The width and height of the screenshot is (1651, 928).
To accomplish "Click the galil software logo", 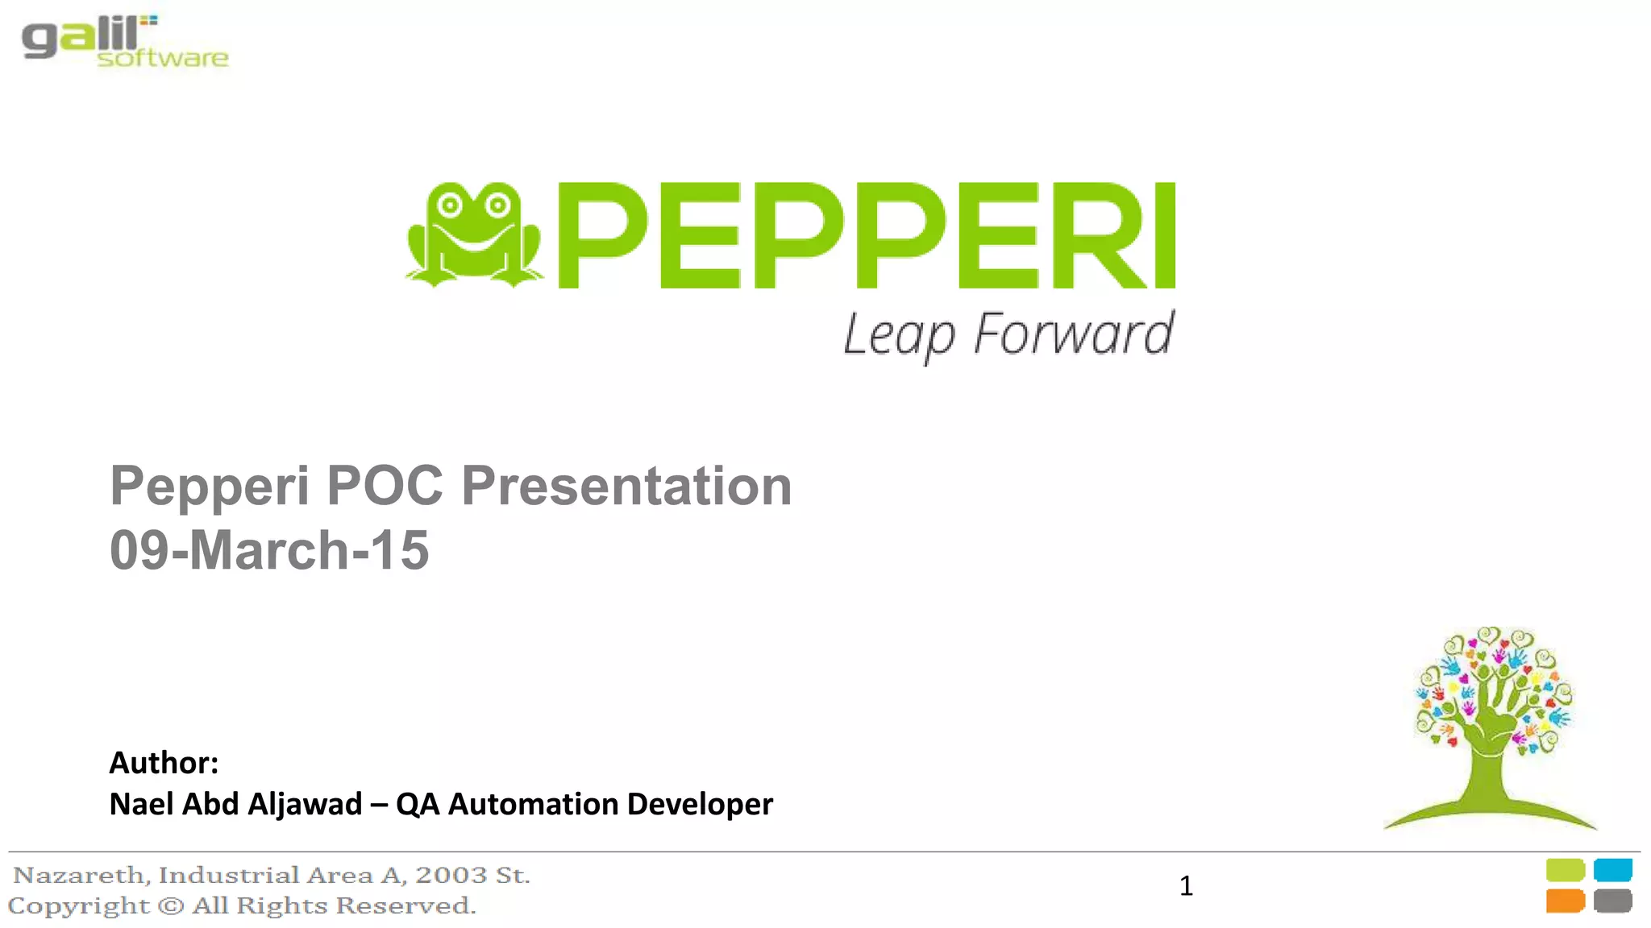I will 124,42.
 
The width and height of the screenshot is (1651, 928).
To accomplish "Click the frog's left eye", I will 450,205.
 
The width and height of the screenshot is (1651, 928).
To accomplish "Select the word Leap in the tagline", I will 898,334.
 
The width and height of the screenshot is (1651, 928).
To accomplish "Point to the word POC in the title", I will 385,486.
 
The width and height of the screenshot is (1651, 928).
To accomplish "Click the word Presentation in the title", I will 626,486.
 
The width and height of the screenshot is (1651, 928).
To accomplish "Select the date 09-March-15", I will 269,550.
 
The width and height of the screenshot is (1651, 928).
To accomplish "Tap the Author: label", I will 164,762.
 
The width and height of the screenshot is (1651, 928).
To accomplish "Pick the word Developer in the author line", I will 700,804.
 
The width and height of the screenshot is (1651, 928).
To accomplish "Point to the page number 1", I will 1186,886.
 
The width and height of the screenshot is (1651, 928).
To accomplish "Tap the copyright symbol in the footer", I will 171,905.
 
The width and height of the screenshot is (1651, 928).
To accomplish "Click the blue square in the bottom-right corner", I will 1612,870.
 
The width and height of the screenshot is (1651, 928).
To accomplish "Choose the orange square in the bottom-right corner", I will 1565,901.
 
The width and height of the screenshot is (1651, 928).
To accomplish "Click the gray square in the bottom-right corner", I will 1612,901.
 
